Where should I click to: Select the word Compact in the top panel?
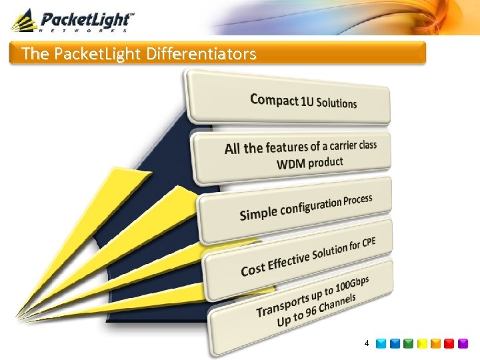[x=274, y=100]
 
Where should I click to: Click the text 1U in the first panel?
[x=307, y=101]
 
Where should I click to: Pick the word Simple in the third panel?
[x=259, y=213]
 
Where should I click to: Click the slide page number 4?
[x=367, y=343]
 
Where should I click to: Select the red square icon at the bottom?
[x=450, y=343]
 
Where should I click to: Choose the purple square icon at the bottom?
[x=463, y=343]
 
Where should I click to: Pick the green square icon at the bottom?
[x=409, y=343]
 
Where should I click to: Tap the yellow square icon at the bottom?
[x=423, y=343]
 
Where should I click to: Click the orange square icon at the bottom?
[x=436, y=343]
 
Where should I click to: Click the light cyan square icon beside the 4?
[x=381, y=343]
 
